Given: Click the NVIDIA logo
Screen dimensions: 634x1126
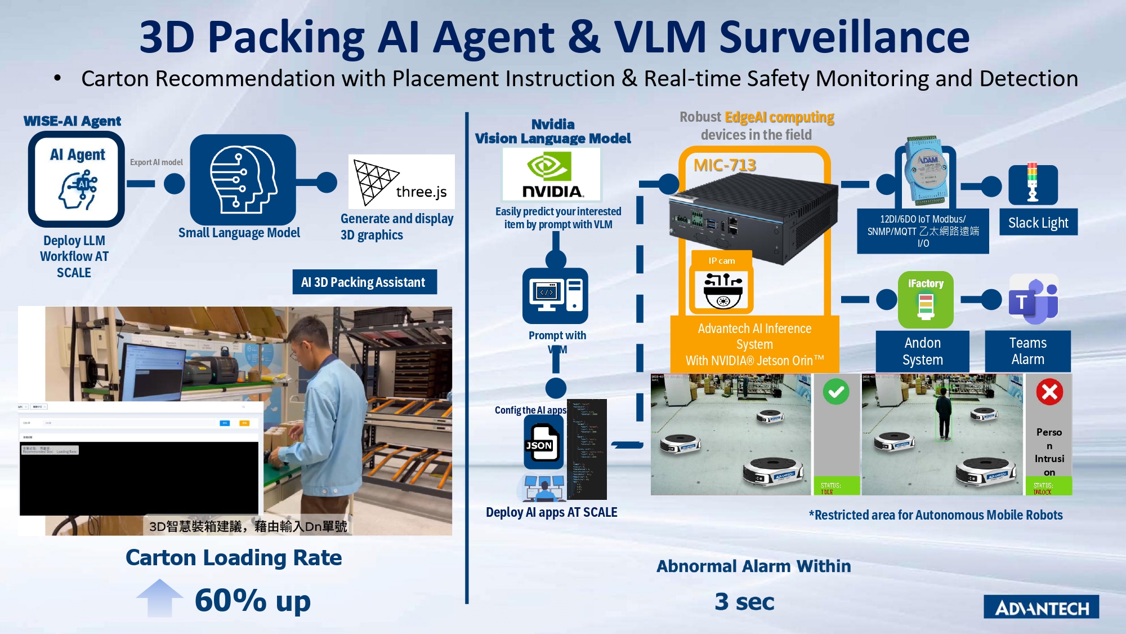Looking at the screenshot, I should [x=551, y=175].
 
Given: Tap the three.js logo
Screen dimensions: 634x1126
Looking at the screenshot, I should [x=401, y=181].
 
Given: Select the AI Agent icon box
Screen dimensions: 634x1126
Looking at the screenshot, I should [x=77, y=179].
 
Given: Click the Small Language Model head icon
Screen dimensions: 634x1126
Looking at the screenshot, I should [x=243, y=180].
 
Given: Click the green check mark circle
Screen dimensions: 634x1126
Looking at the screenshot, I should [x=836, y=392].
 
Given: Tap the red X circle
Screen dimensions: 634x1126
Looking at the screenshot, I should [x=1049, y=392].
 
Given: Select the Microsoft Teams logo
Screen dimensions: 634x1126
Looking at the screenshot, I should [x=1033, y=300].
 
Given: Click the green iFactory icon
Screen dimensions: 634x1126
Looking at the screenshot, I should [x=925, y=300].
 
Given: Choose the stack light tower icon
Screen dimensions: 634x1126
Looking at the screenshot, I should [x=1033, y=184].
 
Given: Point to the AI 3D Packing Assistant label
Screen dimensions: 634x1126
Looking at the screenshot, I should [x=364, y=282].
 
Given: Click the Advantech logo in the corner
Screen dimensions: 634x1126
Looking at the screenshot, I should [x=1041, y=607].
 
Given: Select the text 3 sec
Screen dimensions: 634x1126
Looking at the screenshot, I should [x=744, y=601].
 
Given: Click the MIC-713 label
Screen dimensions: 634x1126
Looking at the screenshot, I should [x=725, y=165].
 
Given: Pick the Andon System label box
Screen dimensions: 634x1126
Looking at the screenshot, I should [x=922, y=351].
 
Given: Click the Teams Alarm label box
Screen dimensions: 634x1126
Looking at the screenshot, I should [x=1027, y=351].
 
